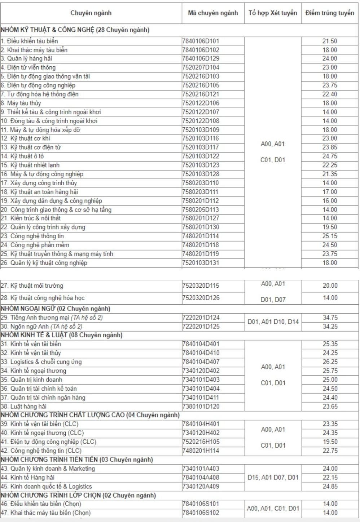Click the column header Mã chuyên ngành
213,13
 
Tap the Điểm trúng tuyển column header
330,13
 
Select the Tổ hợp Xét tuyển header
273,13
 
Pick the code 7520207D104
201,67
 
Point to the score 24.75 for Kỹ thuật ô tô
330,156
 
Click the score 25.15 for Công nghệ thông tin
330,236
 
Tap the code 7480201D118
201,245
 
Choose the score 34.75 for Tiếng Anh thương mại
330,318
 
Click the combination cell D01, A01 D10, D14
273,322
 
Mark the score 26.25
330,362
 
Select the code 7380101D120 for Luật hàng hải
201,406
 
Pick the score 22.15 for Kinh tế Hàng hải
330,477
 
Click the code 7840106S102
201,513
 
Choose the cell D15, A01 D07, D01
273,477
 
